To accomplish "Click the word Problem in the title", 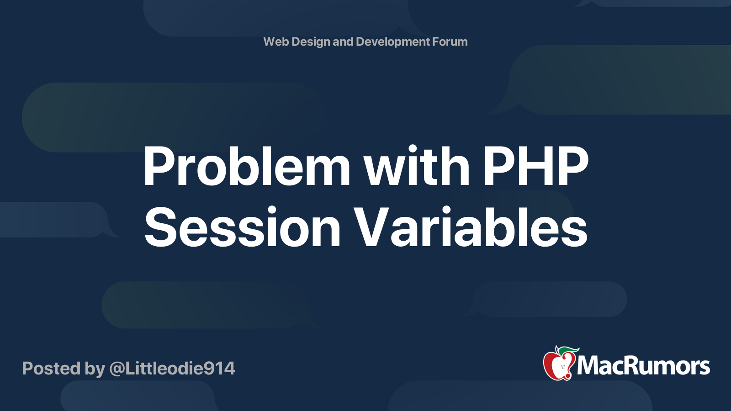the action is tap(246, 166).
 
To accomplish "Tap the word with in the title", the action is tap(417, 165).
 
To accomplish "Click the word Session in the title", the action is tap(243, 227).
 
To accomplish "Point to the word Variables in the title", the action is tap(470, 227).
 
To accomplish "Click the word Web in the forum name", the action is tap(276, 42).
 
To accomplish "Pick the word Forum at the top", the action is tap(450, 42).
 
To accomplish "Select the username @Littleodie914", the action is tap(172, 369).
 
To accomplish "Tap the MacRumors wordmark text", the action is tap(643, 366).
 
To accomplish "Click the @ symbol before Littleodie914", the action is tap(116, 369).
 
